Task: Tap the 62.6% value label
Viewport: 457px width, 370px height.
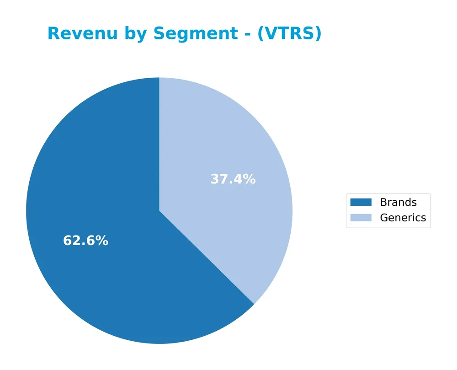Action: coord(85,241)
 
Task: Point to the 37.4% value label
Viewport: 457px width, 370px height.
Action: coord(233,179)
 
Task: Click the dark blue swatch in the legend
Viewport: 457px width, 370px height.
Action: coord(361,202)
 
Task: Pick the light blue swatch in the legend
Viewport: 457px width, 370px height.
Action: coord(361,218)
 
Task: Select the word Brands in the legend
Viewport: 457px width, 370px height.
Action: coord(398,202)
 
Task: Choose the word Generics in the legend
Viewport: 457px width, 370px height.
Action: coord(403,218)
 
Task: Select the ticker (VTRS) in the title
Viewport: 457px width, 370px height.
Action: coord(289,34)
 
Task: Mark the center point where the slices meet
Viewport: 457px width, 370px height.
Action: coord(159,211)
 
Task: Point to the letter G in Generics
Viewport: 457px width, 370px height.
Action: coord(384,218)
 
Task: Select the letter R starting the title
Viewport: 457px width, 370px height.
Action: coord(53,34)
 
